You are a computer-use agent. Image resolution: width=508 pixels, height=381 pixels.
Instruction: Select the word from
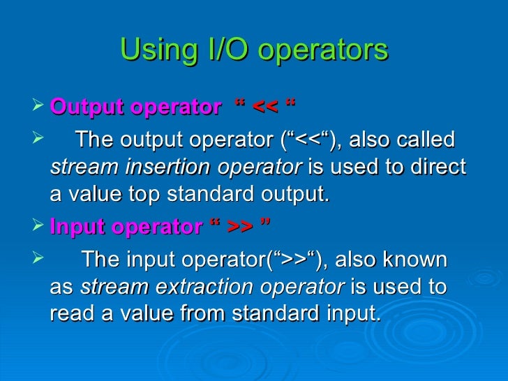point(202,314)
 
